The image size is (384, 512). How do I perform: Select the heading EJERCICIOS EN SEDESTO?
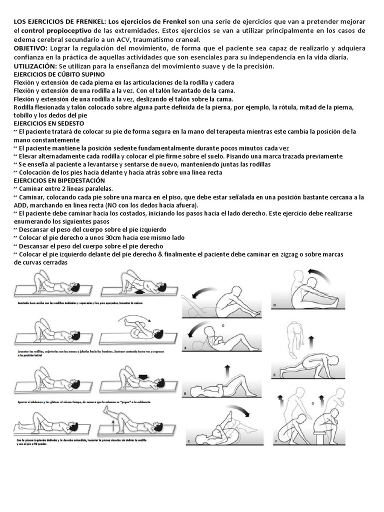pyautogui.click(x=49, y=123)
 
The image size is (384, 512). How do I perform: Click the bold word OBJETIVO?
pyautogui.click(x=30, y=48)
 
